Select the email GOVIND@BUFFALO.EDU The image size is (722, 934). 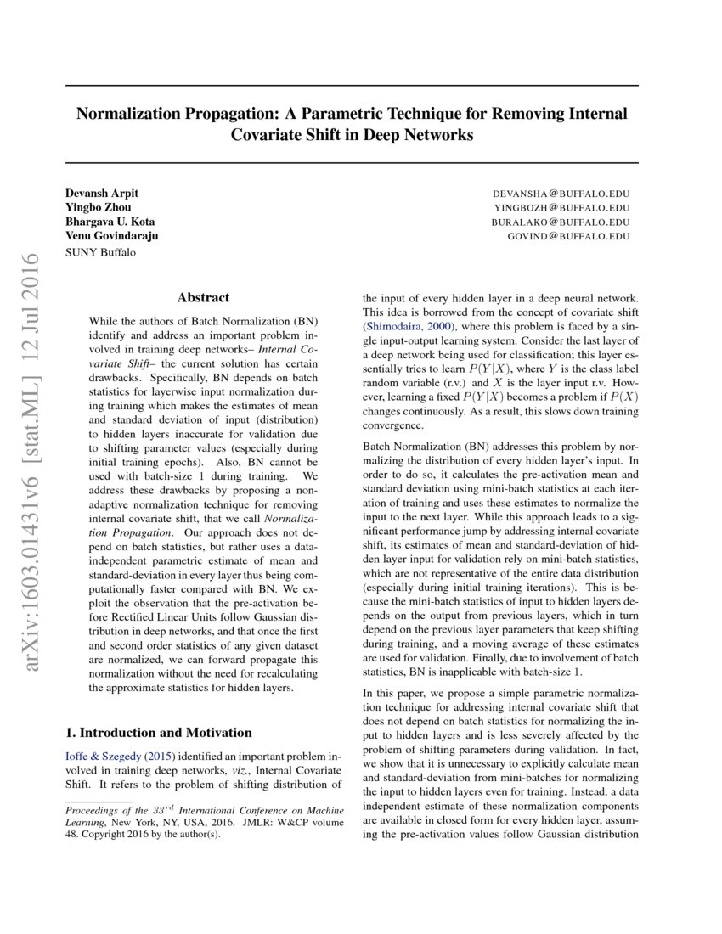[568, 236]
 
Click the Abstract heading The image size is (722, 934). [203, 298]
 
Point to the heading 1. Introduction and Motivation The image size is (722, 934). [159, 733]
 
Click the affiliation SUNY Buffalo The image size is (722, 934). [100, 251]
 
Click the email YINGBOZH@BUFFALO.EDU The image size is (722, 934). [561, 207]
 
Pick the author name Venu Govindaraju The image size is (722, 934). [111, 236]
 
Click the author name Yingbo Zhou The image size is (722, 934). [99, 207]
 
